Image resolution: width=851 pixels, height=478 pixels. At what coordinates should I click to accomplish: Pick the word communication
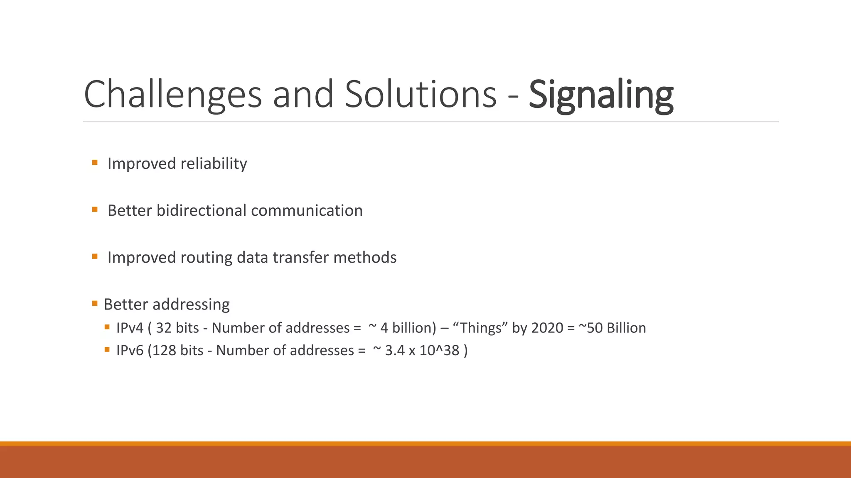click(x=307, y=210)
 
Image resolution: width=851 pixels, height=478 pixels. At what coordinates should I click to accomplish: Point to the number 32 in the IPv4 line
click(x=164, y=328)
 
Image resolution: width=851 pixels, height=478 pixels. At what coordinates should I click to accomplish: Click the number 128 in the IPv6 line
click(x=165, y=350)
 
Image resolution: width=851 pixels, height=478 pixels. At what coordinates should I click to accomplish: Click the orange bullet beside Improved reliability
click(x=95, y=163)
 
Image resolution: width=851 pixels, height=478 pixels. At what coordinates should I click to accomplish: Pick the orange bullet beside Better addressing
click(x=95, y=304)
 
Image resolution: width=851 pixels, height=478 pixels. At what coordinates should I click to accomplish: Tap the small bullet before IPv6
click(x=107, y=349)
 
